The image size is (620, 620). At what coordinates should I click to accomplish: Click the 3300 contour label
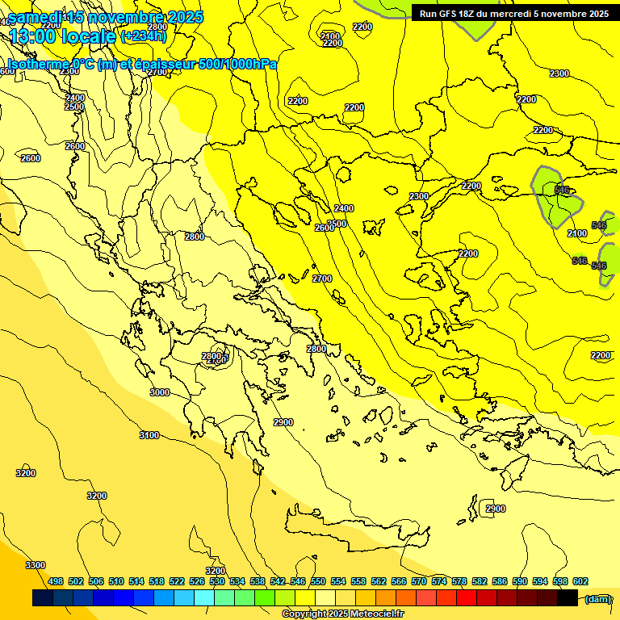[x=36, y=565]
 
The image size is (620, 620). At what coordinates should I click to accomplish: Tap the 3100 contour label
[x=149, y=435]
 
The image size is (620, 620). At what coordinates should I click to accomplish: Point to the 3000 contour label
[x=160, y=392]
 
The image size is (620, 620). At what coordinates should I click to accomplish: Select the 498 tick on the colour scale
[x=56, y=581]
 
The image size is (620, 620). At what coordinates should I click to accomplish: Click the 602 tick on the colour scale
[x=580, y=581]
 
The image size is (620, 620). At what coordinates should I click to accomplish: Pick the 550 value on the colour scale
[x=318, y=581]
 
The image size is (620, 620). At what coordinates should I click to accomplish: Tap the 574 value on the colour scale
[x=439, y=581]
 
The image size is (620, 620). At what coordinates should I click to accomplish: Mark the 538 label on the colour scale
[x=258, y=581]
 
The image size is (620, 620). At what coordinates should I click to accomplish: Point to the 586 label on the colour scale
[x=500, y=581]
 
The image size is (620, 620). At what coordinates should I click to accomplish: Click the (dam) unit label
[x=597, y=598]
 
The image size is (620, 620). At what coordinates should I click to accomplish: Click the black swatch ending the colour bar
[x=568, y=598]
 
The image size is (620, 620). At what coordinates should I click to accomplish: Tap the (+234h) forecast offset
[x=144, y=36]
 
